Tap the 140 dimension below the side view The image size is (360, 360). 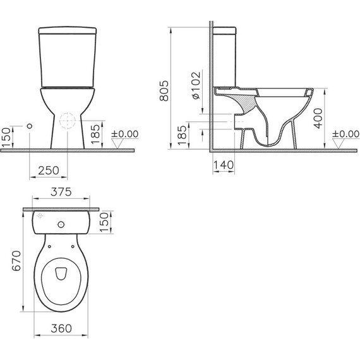pos(224,165)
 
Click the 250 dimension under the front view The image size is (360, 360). pos(48,170)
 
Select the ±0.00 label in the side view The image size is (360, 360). pos(345,134)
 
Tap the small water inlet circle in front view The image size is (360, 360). pos(29,126)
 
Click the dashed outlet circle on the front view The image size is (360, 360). pos(66,121)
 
